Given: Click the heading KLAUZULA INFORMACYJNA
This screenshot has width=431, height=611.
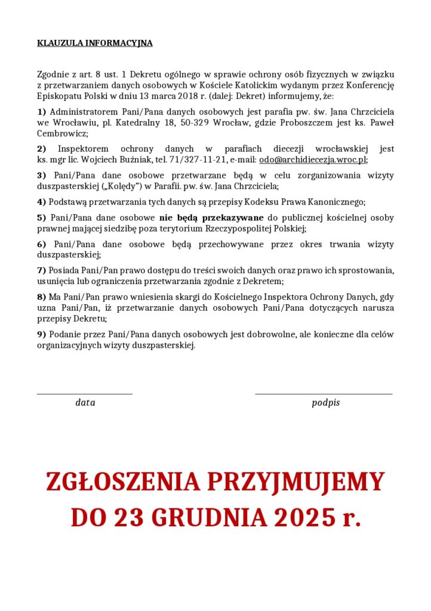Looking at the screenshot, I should click(94, 43).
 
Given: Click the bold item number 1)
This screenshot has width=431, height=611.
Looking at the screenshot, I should click(41, 112).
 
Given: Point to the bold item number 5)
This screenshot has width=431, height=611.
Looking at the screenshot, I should click(42, 218).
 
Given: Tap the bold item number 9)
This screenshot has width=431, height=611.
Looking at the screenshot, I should click(41, 334).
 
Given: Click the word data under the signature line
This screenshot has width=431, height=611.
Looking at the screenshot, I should click(85, 403).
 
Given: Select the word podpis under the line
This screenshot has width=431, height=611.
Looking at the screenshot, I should click(325, 403).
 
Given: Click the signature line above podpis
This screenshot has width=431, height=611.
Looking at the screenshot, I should click(324, 394).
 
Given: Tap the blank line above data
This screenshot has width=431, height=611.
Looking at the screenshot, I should click(85, 394).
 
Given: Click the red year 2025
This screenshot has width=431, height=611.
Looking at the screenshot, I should click(304, 517).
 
